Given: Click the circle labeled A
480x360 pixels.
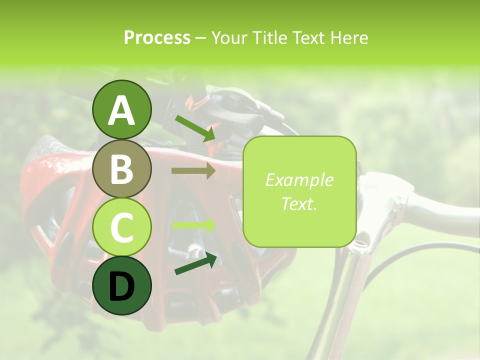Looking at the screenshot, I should pos(122,109).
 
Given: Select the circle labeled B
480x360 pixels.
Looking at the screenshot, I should pos(122,168).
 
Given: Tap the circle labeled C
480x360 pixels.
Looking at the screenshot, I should pos(122,227).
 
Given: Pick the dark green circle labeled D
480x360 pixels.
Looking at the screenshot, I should pos(122,285).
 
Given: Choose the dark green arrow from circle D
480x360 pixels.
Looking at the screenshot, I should pos(195,263).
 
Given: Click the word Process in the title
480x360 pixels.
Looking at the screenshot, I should pos(157,37).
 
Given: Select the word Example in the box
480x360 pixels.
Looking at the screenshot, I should pos(299,180).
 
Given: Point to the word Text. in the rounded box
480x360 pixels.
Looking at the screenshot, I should pos(299,203).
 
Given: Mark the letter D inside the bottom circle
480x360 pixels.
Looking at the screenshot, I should pos(122,286).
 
